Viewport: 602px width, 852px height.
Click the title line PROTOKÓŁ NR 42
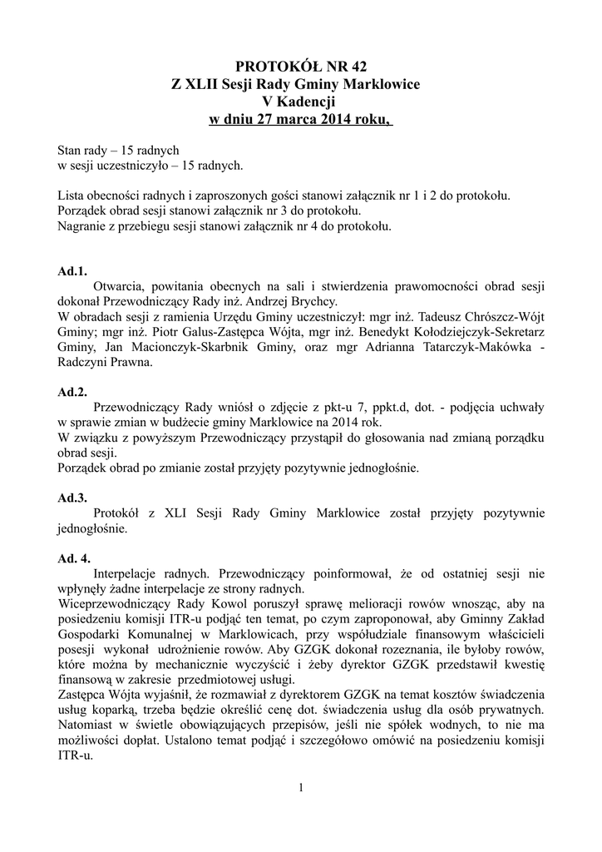(301, 66)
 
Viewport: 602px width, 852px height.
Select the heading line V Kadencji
(301, 102)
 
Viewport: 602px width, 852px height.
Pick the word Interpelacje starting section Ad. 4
(130, 573)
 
